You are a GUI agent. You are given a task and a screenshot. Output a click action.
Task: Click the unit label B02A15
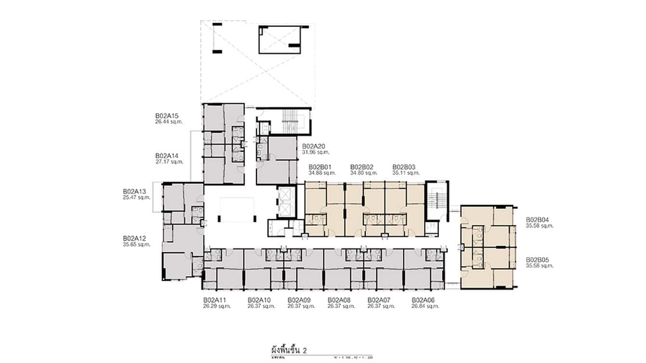coord(167,116)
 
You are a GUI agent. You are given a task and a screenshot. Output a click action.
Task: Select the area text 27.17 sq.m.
coord(169,162)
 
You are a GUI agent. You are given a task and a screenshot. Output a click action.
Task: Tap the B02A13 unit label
coord(134,191)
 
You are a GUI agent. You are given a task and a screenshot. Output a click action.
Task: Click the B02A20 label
coord(314,146)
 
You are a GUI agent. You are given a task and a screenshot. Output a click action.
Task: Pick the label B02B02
coord(362,167)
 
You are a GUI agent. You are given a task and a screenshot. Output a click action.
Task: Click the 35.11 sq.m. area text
coord(406,172)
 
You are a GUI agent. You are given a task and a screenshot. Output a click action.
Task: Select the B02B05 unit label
coord(537,259)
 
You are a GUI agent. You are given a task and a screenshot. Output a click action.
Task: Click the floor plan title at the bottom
coord(289,349)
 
